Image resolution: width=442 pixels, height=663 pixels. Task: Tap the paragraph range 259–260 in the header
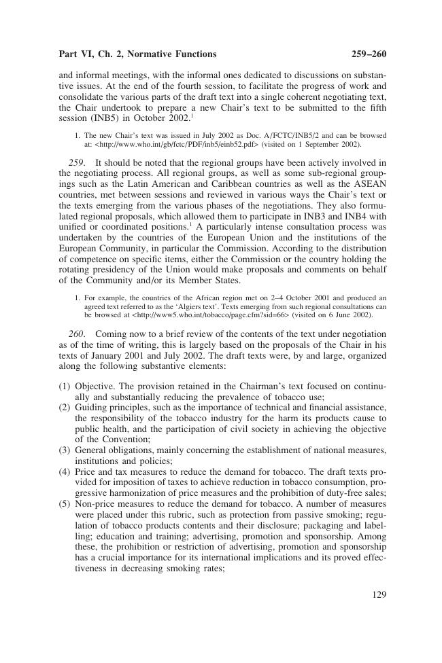pos(367,54)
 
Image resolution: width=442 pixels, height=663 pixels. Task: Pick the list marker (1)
pos(65,387)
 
